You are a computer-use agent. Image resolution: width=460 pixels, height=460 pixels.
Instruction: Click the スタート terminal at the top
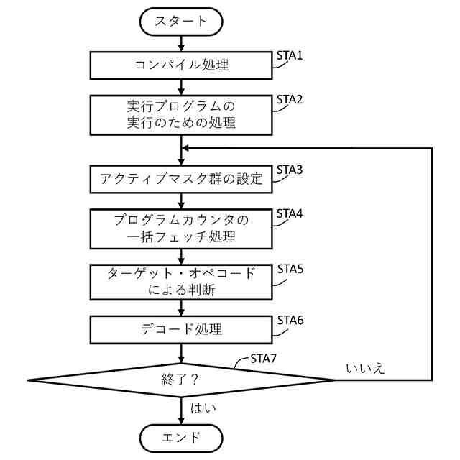click(x=181, y=22)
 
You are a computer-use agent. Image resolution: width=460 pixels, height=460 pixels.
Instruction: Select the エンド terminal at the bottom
click(x=181, y=437)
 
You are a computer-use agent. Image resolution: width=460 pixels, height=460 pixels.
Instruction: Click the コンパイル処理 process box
click(x=181, y=65)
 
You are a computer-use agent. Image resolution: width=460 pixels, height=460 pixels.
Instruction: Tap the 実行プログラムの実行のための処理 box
click(x=181, y=114)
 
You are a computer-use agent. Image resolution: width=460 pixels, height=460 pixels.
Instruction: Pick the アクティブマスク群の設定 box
click(x=181, y=179)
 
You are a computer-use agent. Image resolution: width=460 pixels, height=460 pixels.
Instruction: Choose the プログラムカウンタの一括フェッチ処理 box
click(x=181, y=227)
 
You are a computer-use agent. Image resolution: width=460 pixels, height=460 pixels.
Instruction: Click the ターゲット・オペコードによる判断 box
click(x=181, y=282)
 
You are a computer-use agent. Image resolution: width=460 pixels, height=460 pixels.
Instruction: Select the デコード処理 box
click(x=181, y=330)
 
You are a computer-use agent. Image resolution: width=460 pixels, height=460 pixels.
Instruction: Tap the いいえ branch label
click(x=366, y=369)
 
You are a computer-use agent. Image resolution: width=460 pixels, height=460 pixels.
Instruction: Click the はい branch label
click(x=203, y=408)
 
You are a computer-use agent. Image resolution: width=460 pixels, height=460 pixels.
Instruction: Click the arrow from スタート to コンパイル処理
click(x=181, y=42)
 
